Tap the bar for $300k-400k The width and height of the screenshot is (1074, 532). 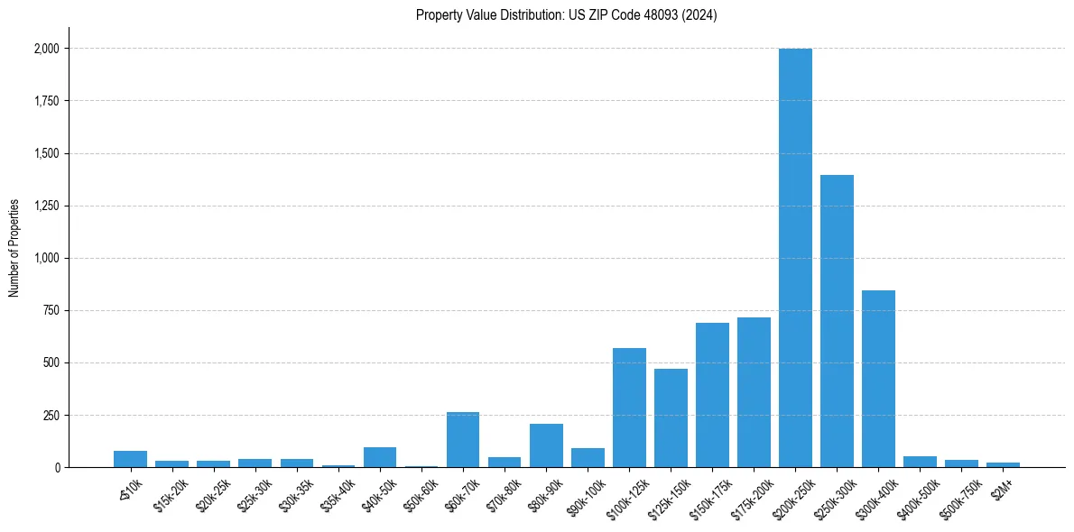[x=878, y=379]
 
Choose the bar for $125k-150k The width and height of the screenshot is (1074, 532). [x=671, y=418]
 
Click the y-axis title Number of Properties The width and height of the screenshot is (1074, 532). [x=14, y=247]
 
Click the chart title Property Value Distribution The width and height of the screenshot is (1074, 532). [x=566, y=15]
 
